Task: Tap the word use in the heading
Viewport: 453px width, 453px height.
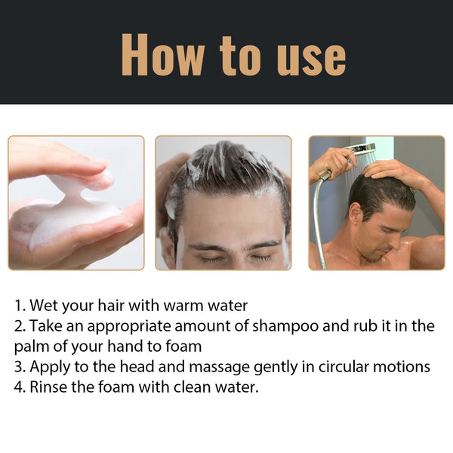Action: click(x=301, y=55)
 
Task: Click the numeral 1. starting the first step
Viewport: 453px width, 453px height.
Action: click(x=20, y=306)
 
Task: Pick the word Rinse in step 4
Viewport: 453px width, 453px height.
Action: click(x=49, y=388)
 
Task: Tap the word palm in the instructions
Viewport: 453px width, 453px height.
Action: click(x=33, y=347)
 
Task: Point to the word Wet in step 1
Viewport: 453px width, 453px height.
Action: click(x=45, y=306)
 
